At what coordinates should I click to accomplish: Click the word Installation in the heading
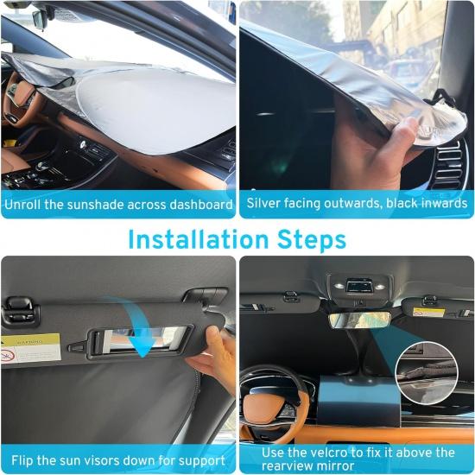pos(196,239)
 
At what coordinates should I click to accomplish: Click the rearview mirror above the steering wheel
pos(358,320)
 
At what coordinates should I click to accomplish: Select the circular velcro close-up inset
pos(426,372)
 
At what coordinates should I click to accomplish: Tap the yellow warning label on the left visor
pos(30,348)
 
